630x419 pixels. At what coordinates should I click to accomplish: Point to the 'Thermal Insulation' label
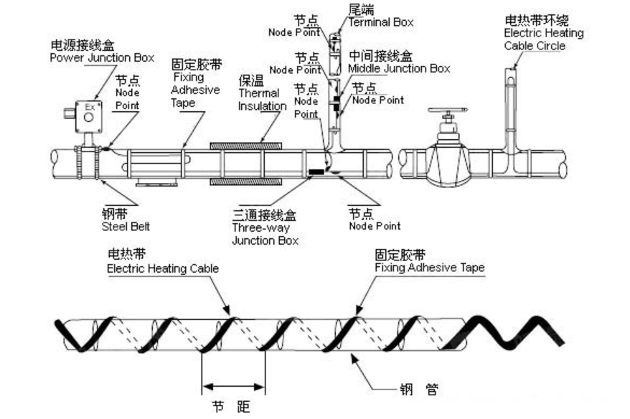click(x=262, y=95)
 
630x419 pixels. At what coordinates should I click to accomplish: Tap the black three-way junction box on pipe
click(x=315, y=172)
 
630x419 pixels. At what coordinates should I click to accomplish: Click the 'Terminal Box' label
click(x=381, y=22)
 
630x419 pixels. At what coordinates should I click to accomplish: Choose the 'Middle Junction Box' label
click(x=399, y=68)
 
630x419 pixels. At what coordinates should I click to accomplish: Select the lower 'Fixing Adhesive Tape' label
click(x=429, y=268)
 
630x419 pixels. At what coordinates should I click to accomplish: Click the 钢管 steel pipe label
click(x=418, y=391)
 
